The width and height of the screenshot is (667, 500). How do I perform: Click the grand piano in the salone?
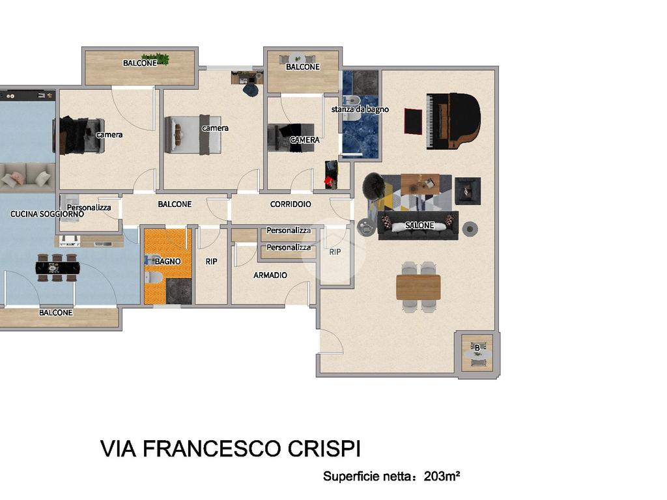[453, 121]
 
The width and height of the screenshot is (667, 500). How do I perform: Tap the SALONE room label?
[419, 225]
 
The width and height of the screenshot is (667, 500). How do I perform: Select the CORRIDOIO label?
[291, 204]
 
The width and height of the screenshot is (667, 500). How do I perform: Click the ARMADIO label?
[270, 275]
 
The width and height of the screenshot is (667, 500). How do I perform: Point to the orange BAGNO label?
[167, 261]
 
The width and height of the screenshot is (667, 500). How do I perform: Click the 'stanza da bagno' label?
[360, 109]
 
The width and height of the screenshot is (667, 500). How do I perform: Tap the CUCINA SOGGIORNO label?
[47, 214]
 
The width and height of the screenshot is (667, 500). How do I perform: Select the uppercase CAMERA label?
[305, 139]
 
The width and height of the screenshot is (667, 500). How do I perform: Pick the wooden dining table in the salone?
[419, 287]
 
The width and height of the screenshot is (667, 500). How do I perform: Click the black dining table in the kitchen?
[57, 268]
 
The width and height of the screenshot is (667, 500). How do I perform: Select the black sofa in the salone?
[418, 225]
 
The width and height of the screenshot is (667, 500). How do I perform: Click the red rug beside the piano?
[412, 121]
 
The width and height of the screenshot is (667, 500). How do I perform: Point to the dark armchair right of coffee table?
[468, 191]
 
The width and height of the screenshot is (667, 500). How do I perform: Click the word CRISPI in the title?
[324, 449]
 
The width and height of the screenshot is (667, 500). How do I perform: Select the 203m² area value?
[442, 476]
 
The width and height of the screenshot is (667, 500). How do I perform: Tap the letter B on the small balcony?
[477, 348]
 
